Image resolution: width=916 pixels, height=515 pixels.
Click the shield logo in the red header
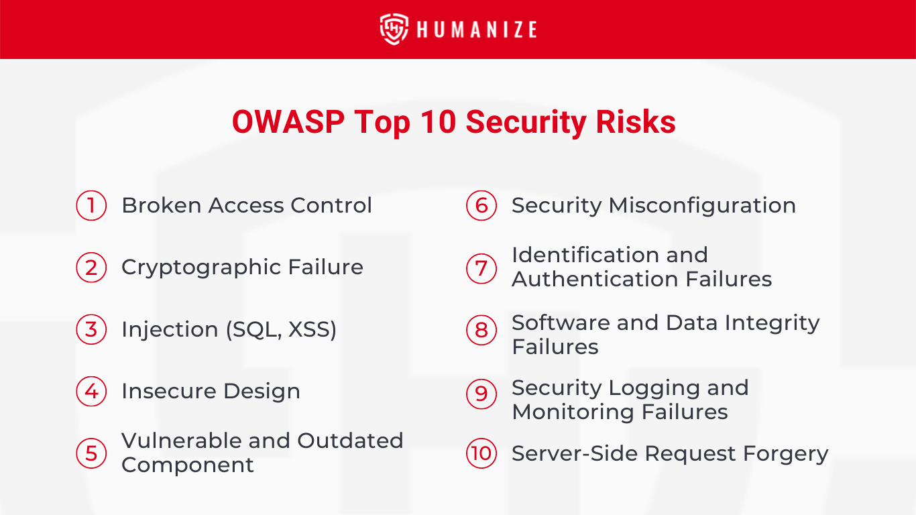coord(394,30)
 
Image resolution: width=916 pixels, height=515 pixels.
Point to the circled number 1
coord(91,205)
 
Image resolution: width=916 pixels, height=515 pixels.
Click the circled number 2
coord(91,268)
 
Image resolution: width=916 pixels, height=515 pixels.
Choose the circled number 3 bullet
coord(91,330)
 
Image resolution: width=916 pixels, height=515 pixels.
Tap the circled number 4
coord(91,392)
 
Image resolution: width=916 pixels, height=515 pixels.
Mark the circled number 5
coord(91,453)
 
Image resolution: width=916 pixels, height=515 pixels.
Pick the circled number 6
coord(481,205)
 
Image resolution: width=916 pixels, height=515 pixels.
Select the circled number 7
coord(481,268)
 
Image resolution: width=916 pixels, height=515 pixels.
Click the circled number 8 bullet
coord(481,330)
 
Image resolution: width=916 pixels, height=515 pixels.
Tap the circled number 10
coord(481,453)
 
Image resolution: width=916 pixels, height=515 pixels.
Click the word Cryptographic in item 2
coord(201,268)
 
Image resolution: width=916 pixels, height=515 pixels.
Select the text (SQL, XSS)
coord(282,330)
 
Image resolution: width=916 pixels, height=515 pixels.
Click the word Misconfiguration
coord(702,206)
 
